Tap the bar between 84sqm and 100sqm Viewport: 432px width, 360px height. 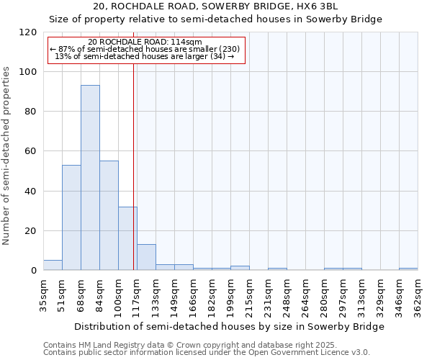(109, 215)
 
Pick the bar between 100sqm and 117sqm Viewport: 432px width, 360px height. (127, 238)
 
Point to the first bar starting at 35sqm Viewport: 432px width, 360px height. (53, 265)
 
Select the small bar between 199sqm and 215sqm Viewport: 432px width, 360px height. (240, 268)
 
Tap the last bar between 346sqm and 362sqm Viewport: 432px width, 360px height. (408, 269)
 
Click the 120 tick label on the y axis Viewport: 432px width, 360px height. (28, 32)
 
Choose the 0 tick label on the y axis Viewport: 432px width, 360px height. (34, 271)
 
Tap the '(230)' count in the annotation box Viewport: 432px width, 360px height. (229, 49)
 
